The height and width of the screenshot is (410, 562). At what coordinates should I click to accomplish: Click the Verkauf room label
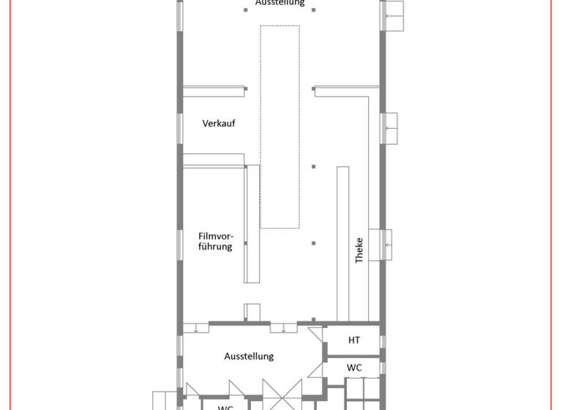(219, 124)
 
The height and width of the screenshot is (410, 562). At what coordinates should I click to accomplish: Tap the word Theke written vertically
(359, 250)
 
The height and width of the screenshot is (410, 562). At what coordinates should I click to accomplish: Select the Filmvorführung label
(215, 241)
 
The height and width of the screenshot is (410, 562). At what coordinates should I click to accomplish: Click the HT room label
(354, 340)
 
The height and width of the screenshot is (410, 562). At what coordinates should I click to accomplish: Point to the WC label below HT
(354, 368)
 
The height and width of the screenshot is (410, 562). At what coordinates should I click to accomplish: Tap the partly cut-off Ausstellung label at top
(280, 4)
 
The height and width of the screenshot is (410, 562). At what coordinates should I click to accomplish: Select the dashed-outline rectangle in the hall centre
(280, 127)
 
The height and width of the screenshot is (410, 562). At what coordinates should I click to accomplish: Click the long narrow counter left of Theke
(342, 242)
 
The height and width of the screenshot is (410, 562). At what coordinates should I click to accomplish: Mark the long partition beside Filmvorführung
(252, 223)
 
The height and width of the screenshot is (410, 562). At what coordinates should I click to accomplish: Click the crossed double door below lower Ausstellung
(282, 395)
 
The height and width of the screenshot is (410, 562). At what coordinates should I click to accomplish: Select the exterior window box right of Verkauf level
(389, 129)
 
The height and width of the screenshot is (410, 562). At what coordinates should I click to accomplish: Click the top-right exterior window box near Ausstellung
(394, 15)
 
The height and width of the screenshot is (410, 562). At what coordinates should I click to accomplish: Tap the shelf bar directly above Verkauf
(213, 90)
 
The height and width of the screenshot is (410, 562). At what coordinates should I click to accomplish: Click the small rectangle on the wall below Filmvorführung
(251, 311)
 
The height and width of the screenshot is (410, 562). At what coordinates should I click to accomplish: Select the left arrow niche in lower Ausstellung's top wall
(195, 328)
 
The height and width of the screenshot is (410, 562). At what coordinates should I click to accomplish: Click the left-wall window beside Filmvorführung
(179, 249)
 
